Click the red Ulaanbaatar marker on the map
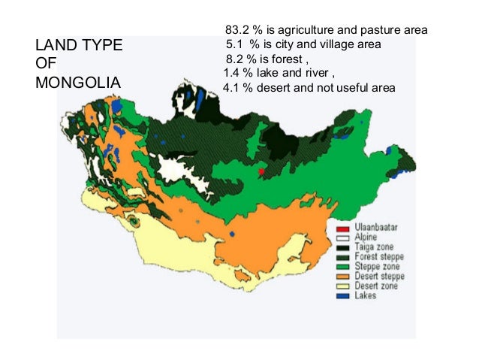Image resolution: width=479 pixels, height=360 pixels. [261, 172]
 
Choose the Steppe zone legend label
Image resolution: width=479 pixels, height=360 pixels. [378, 267]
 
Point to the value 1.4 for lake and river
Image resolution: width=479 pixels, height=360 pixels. [233, 73]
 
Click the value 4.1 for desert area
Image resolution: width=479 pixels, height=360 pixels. [233, 88]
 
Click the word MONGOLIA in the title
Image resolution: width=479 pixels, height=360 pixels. [77, 82]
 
